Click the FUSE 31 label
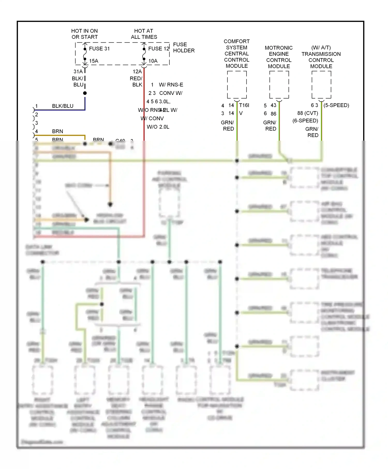(99, 49)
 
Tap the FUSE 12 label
(159, 49)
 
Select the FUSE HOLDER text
(184, 48)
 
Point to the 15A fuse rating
(94, 61)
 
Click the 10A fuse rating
(153, 61)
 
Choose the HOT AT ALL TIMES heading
(144, 34)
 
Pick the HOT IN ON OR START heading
(85, 34)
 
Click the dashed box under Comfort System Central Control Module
(237, 85)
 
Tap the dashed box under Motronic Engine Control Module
(279, 85)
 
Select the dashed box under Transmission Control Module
(321, 85)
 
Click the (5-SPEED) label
(336, 105)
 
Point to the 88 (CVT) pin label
(308, 113)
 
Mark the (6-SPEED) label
(305, 121)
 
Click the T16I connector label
(244, 105)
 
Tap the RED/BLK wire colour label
(136, 81)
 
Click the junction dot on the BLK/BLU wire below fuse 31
(85, 93)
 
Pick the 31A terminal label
(78, 72)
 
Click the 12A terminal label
(137, 72)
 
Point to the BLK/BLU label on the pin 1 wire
(63, 106)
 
